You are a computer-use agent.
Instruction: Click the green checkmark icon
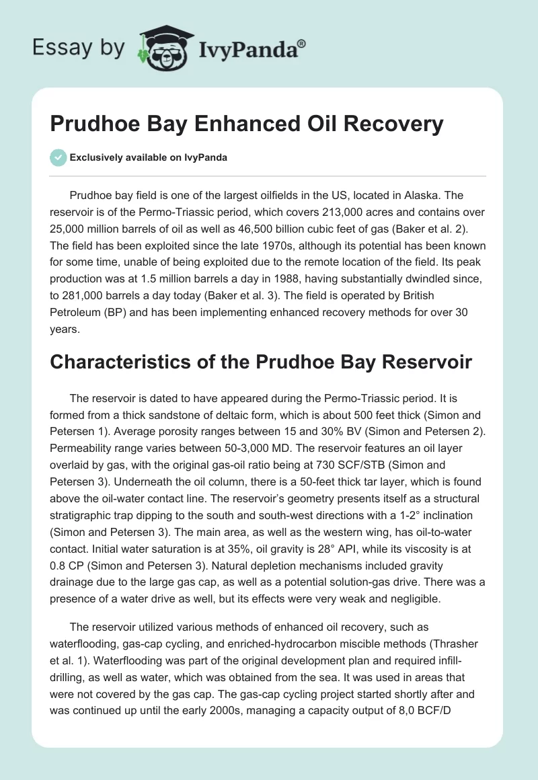[x=58, y=157]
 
